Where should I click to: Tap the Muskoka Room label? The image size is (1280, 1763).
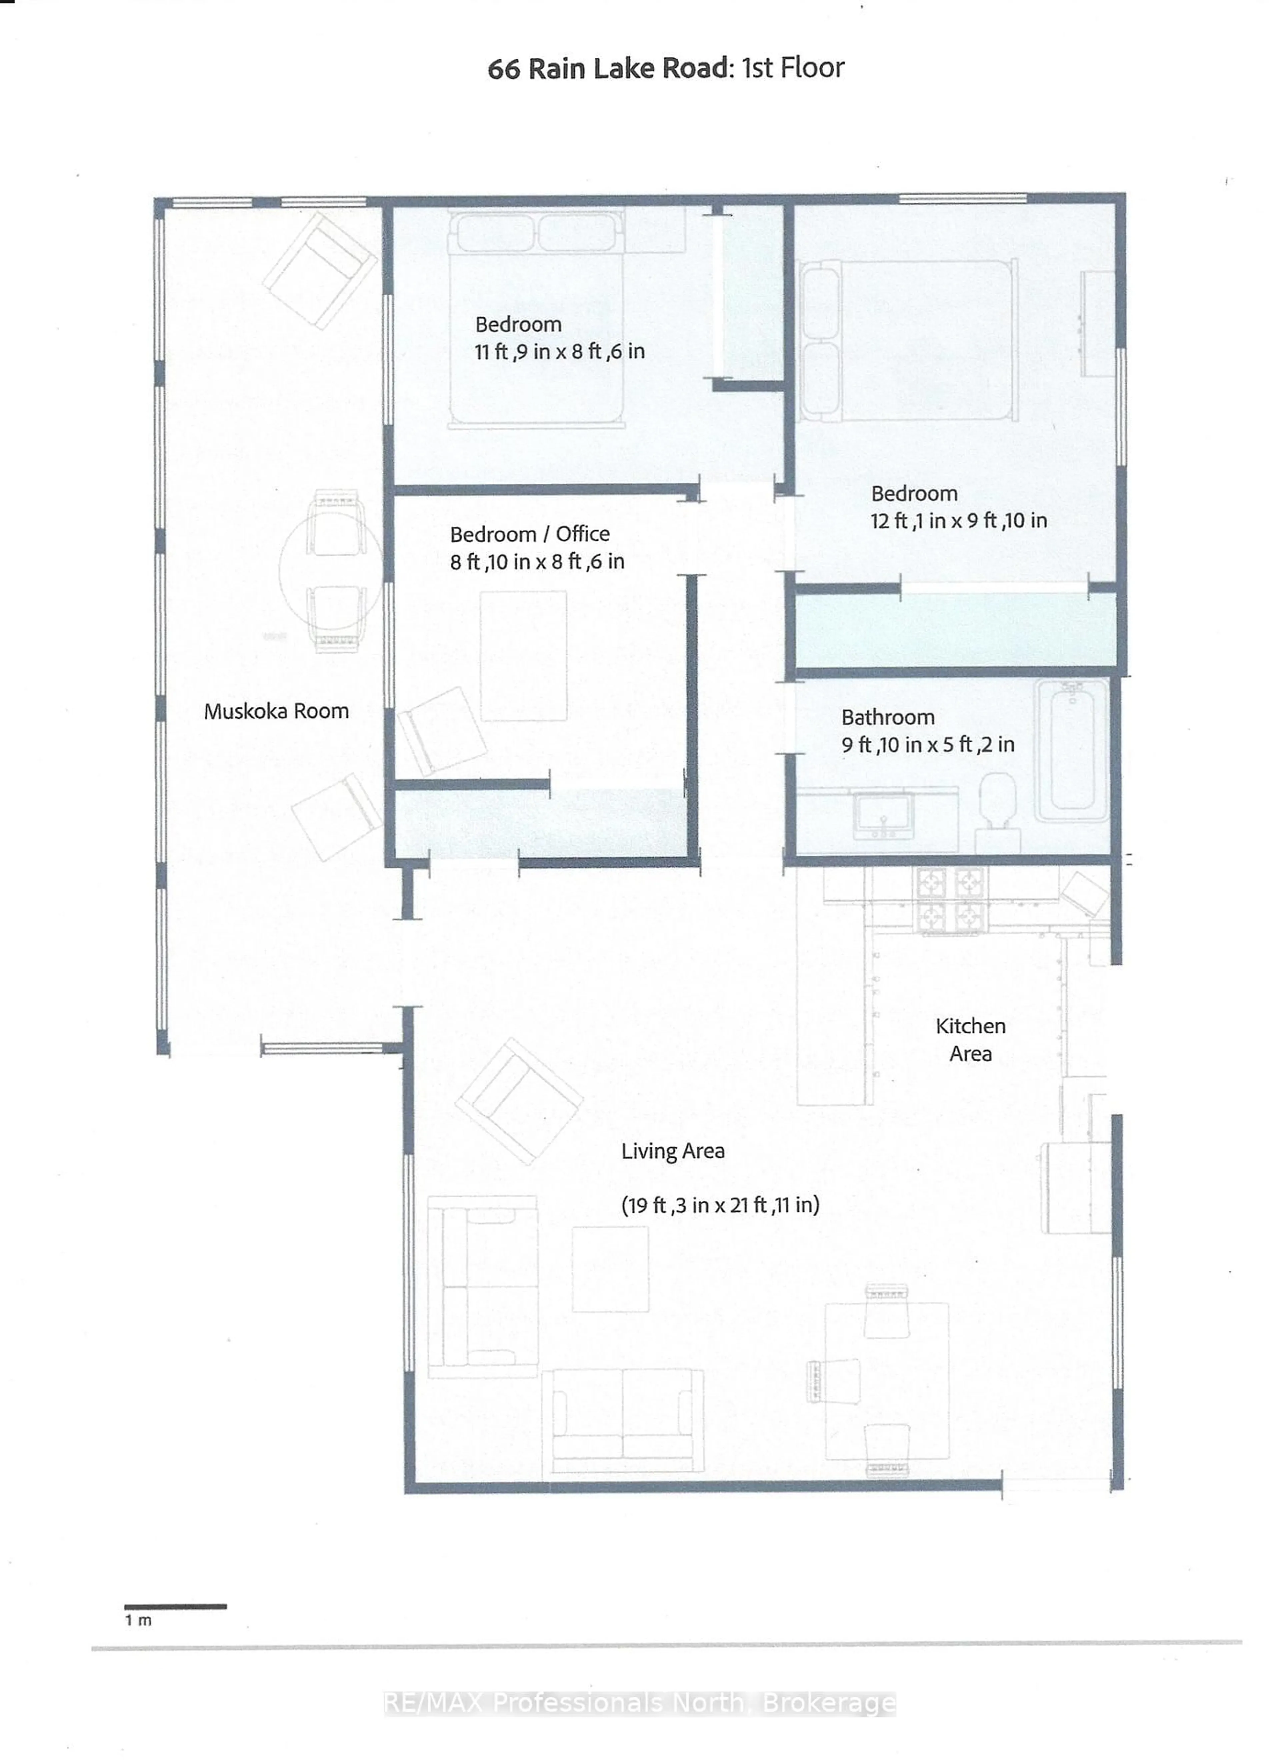pos(276,711)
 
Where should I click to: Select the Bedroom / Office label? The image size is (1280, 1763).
pos(529,534)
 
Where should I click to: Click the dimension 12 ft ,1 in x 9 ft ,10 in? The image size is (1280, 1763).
pos(958,521)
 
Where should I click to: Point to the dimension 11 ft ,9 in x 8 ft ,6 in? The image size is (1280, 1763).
pos(560,351)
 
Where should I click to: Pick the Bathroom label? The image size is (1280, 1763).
pos(888,717)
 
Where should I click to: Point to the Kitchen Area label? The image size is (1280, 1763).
pos(970,1039)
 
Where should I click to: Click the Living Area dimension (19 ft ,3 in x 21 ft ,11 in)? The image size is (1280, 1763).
pos(720,1205)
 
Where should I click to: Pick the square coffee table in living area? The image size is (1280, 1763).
pos(610,1269)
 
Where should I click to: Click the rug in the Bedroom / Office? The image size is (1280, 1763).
pos(523,655)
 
